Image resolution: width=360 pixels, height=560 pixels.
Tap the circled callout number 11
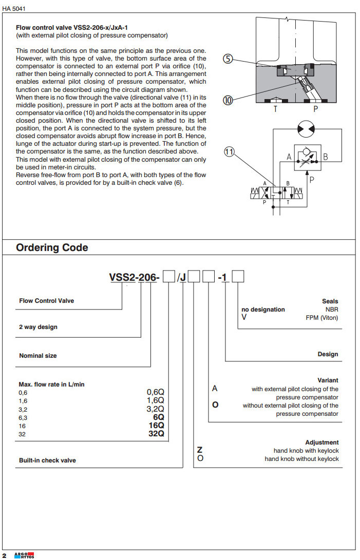229,151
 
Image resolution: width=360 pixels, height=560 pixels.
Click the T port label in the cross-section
275,109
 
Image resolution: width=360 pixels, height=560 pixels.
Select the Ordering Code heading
52,247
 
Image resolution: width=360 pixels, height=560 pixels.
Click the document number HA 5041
14,9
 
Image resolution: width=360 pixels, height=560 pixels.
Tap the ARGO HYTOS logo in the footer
24,555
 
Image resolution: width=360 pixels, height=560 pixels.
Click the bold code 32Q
156,434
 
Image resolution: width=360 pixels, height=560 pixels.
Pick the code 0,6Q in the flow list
155,392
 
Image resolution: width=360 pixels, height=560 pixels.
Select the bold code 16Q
156,425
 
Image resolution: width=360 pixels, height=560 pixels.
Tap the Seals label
330,301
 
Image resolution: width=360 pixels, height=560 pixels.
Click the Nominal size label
37,356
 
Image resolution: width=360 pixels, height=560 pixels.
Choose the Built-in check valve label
47,460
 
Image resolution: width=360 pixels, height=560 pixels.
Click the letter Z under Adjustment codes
200,450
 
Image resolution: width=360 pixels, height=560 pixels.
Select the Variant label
328,380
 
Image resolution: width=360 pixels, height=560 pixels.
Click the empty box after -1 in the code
238,277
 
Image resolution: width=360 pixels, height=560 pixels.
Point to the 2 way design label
38,327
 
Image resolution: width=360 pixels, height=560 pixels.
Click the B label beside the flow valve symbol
326,157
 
